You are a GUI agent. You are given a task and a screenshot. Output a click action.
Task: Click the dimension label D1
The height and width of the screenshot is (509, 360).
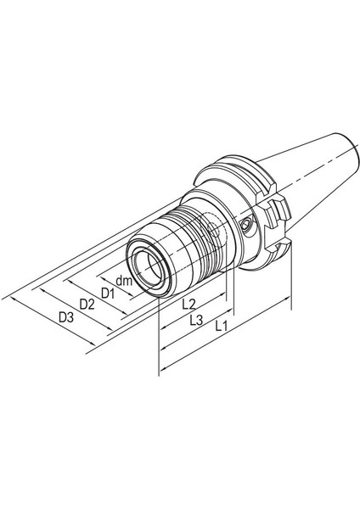click(x=107, y=293)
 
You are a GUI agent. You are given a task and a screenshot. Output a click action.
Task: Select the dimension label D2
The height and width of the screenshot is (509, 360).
click(x=87, y=304)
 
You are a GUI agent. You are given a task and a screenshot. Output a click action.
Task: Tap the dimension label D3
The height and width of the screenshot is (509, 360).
click(x=66, y=317)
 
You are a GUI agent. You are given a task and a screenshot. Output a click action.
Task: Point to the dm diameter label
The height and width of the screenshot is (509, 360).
click(x=125, y=281)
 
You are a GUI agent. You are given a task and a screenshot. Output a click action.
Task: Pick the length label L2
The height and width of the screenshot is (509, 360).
click(x=189, y=303)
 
